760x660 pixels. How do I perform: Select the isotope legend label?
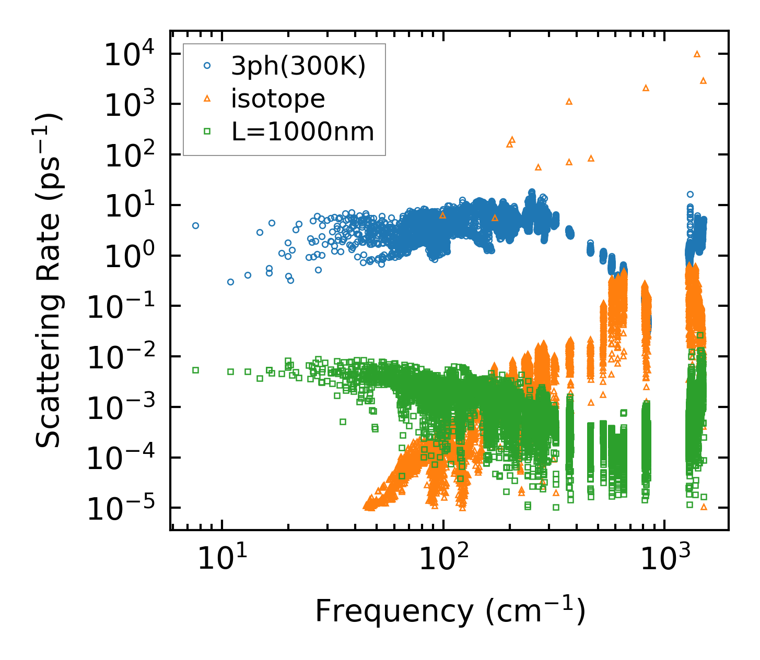(278, 99)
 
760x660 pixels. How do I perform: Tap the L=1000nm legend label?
(303, 131)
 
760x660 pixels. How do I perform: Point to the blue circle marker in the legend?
(207, 66)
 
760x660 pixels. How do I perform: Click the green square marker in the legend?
(207, 131)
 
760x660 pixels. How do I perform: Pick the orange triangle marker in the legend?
(207, 99)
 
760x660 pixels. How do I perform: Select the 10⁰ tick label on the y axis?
(127, 256)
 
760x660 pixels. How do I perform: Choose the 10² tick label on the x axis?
(443, 559)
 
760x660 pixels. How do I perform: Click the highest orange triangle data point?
(697, 54)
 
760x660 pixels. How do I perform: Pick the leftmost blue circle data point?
(195, 225)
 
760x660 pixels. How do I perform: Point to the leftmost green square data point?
(195, 370)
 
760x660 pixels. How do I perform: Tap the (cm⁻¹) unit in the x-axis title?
(535, 611)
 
